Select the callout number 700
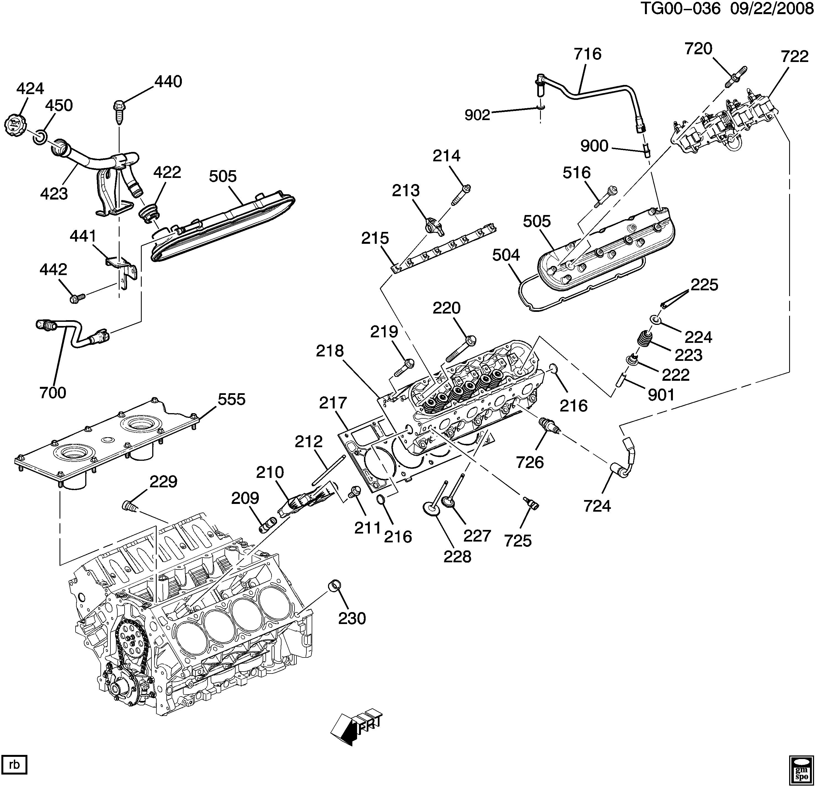click(x=53, y=392)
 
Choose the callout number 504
click(x=506, y=255)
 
